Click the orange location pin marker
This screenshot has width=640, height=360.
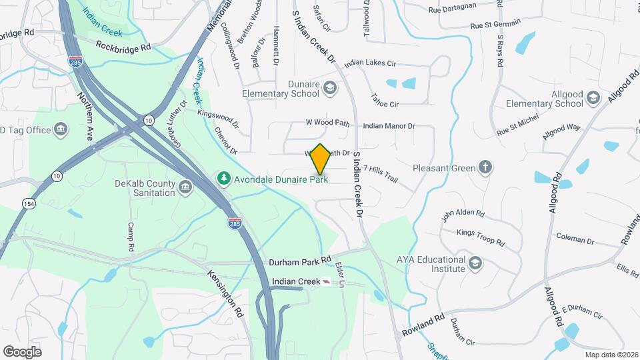[321, 159]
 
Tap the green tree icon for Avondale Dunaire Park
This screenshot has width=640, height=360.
[223, 178]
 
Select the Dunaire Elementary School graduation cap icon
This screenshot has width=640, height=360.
[329, 88]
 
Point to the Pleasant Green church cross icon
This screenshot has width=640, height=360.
[487, 168]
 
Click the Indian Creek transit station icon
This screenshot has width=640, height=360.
[325, 282]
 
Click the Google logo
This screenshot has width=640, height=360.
[22, 351]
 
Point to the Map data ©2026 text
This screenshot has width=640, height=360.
[611, 355]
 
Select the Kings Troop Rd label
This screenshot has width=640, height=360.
[479, 233]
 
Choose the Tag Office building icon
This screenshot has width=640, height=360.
[61, 129]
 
